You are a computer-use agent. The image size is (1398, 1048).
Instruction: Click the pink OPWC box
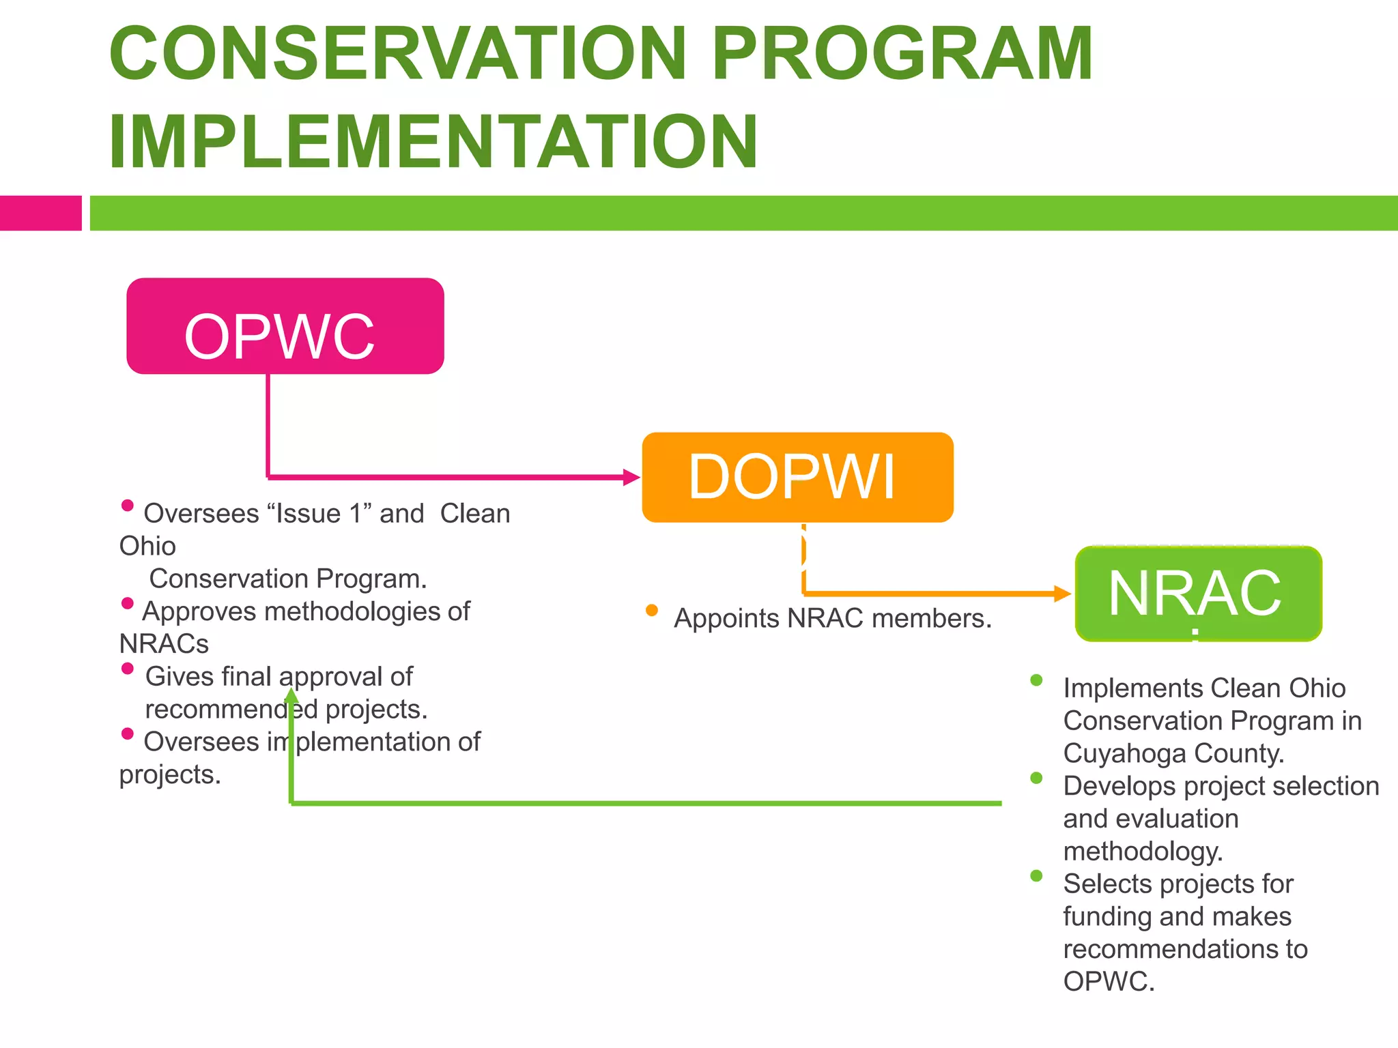(x=285, y=326)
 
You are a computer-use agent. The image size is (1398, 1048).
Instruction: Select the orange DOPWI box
(x=797, y=477)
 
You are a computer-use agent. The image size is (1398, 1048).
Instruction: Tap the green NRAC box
(x=1198, y=594)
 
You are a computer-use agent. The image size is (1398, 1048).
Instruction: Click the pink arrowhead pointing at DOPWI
(x=631, y=477)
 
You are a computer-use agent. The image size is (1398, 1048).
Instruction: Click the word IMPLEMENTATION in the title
(x=433, y=141)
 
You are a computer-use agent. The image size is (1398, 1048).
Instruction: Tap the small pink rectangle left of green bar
(x=40, y=213)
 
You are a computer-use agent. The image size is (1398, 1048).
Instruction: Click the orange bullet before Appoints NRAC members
(x=652, y=610)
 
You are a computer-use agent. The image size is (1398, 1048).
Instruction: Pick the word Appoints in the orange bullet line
(x=726, y=619)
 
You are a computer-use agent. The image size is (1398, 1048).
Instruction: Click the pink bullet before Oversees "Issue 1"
(x=127, y=506)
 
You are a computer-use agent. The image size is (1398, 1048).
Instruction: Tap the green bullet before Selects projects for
(x=1036, y=875)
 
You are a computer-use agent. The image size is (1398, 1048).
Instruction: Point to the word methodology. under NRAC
(x=1143, y=851)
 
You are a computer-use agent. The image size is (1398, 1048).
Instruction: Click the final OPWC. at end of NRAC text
(x=1109, y=982)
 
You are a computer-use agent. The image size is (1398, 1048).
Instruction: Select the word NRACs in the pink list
(x=164, y=644)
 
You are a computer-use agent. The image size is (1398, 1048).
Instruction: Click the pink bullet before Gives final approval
(x=127, y=669)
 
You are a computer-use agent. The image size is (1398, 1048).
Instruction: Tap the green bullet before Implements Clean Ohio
(x=1036, y=680)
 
